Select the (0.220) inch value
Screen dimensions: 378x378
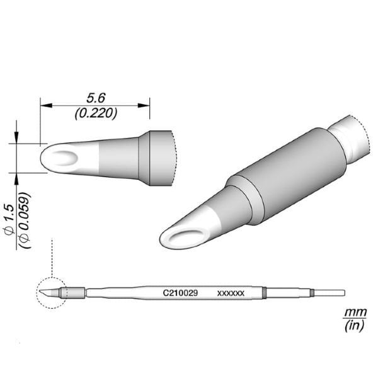[x=95, y=113]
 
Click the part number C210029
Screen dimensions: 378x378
[x=181, y=293]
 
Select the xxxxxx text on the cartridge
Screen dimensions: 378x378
[x=231, y=294]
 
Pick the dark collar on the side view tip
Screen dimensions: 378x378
[x=157, y=157]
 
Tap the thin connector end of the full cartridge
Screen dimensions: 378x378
[x=329, y=293]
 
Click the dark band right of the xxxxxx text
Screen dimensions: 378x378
[x=265, y=293]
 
